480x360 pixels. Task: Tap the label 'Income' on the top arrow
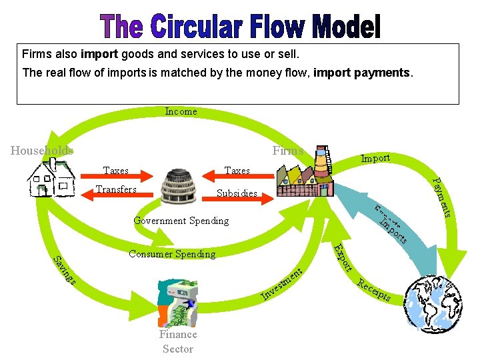pos(181,111)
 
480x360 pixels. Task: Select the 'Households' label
pos(42,151)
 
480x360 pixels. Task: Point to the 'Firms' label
pos(287,151)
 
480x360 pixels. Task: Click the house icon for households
pos(51,179)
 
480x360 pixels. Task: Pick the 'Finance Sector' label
pos(178,341)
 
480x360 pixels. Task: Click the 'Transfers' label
pos(116,189)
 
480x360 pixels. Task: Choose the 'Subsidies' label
pos(237,194)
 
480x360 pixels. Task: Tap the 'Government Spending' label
pos(181,221)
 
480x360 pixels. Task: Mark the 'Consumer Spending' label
pos(172,254)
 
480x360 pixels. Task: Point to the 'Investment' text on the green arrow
pos(283,283)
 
